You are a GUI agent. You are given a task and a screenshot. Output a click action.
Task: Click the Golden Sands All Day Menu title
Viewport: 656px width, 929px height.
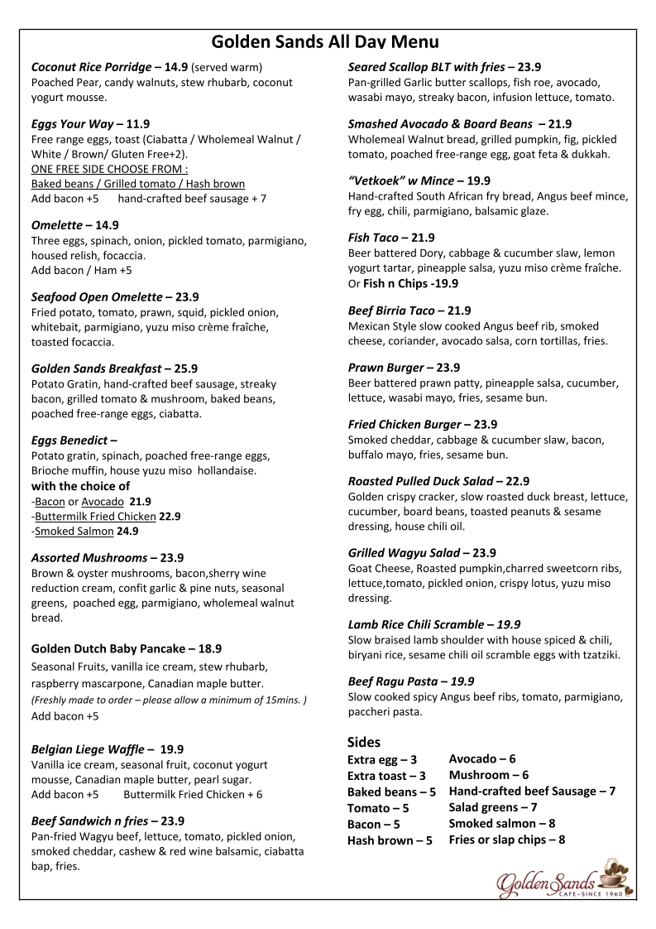point(325,42)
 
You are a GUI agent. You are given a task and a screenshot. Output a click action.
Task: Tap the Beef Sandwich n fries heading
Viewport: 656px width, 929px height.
point(89,821)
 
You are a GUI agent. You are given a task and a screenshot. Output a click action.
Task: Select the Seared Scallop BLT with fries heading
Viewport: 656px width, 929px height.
point(427,67)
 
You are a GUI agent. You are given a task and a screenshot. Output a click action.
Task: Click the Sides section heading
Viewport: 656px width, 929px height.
point(364,742)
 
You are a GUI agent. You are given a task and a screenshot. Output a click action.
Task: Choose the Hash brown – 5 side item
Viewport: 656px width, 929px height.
point(390,840)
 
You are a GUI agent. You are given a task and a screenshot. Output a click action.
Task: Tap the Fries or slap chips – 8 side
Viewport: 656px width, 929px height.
point(506,840)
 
